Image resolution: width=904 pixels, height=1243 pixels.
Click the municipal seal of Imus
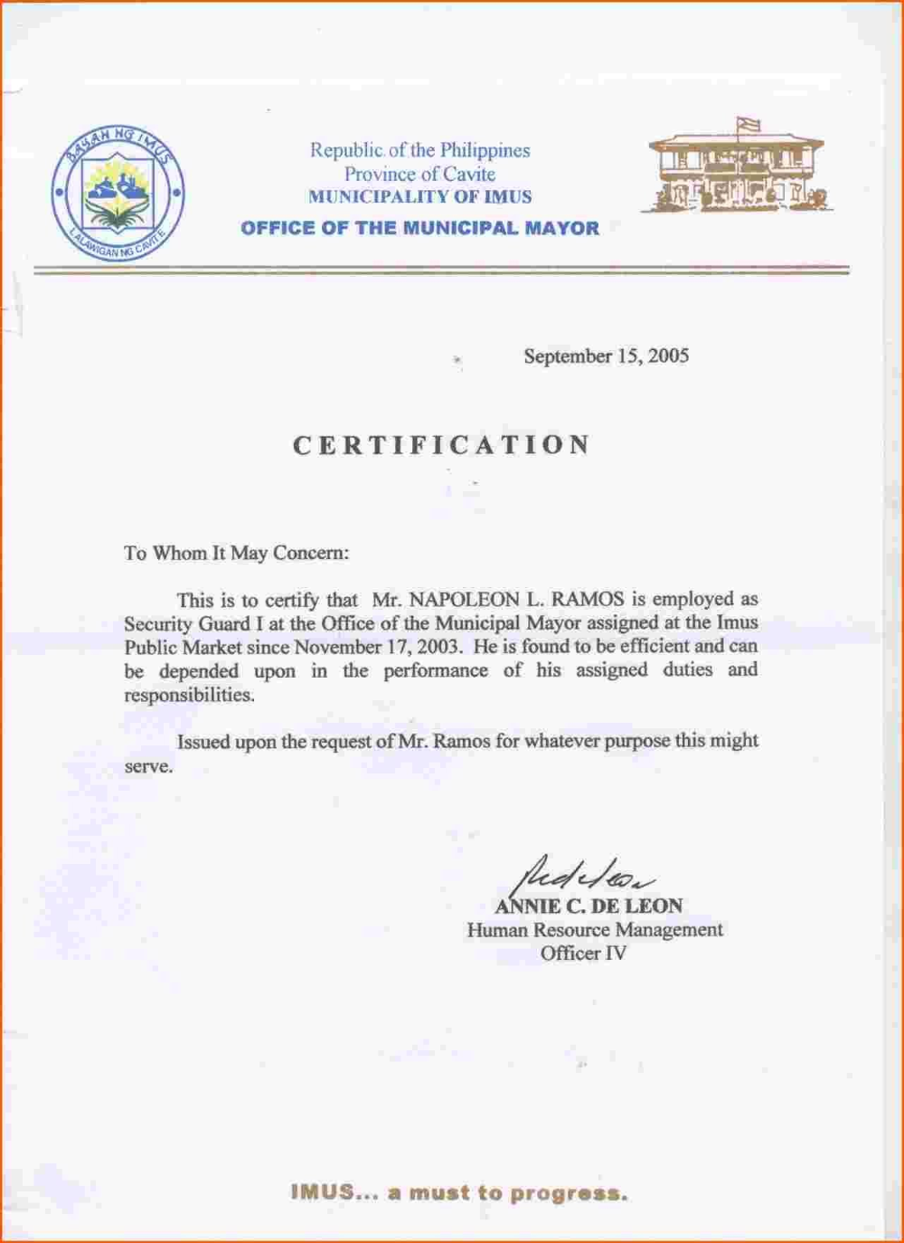coord(118,193)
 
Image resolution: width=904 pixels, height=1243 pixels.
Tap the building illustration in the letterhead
coord(736,172)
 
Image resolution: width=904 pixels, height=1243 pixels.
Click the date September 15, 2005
coord(606,356)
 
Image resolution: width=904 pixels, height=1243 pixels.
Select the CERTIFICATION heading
coord(442,445)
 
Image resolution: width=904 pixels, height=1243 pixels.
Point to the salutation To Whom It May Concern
coord(236,553)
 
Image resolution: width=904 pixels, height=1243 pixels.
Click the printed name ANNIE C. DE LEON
coord(589,906)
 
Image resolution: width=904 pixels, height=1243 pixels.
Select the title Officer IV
coord(583,953)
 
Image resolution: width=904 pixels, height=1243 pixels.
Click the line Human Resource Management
coord(595,929)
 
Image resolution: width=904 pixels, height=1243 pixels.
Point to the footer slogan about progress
coord(459,1192)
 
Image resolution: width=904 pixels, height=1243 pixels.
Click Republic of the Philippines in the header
coord(420,150)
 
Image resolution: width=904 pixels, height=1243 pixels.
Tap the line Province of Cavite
coord(419,174)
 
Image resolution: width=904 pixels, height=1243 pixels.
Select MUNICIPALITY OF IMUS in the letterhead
coord(420,196)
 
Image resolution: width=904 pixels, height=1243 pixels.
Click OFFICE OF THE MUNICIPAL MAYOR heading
coord(420,228)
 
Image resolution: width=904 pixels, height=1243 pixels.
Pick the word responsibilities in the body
coord(189,695)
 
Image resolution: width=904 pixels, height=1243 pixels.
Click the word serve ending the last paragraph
coord(147,766)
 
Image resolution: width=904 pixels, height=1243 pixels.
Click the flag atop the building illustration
coord(749,125)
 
